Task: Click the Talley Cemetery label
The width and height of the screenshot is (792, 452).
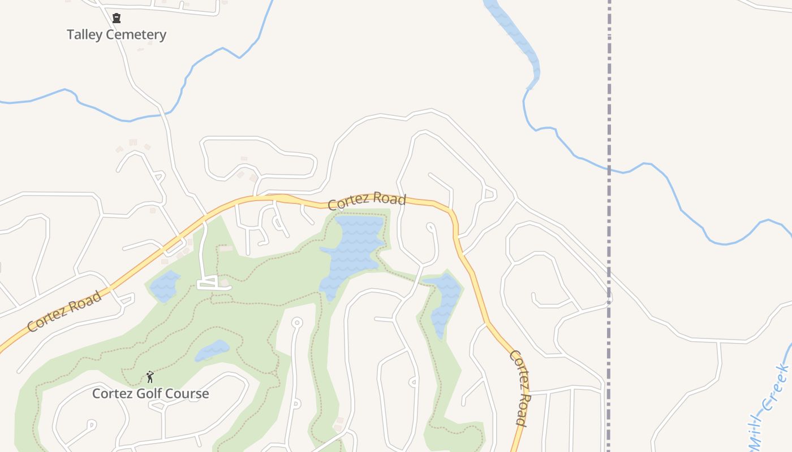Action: [x=117, y=34]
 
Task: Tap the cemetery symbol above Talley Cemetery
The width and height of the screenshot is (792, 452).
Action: [x=117, y=18]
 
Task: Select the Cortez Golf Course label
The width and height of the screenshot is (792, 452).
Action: [x=150, y=393]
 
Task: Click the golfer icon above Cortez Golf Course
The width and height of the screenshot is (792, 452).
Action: [x=150, y=377]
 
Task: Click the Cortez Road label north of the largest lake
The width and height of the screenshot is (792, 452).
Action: [x=367, y=201]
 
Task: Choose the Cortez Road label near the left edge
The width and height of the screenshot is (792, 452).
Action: [x=64, y=311]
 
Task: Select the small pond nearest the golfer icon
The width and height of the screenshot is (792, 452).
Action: [x=213, y=350]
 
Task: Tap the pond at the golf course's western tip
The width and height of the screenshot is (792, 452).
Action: [x=164, y=286]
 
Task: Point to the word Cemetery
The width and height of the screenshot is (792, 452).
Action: [x=136, y=34]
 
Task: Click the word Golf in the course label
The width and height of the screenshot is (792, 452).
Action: [x=150, y=393]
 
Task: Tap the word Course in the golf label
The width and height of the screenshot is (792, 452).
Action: [x=187, y=393]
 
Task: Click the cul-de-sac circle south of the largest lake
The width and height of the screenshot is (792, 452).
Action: [x=296, y=323]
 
